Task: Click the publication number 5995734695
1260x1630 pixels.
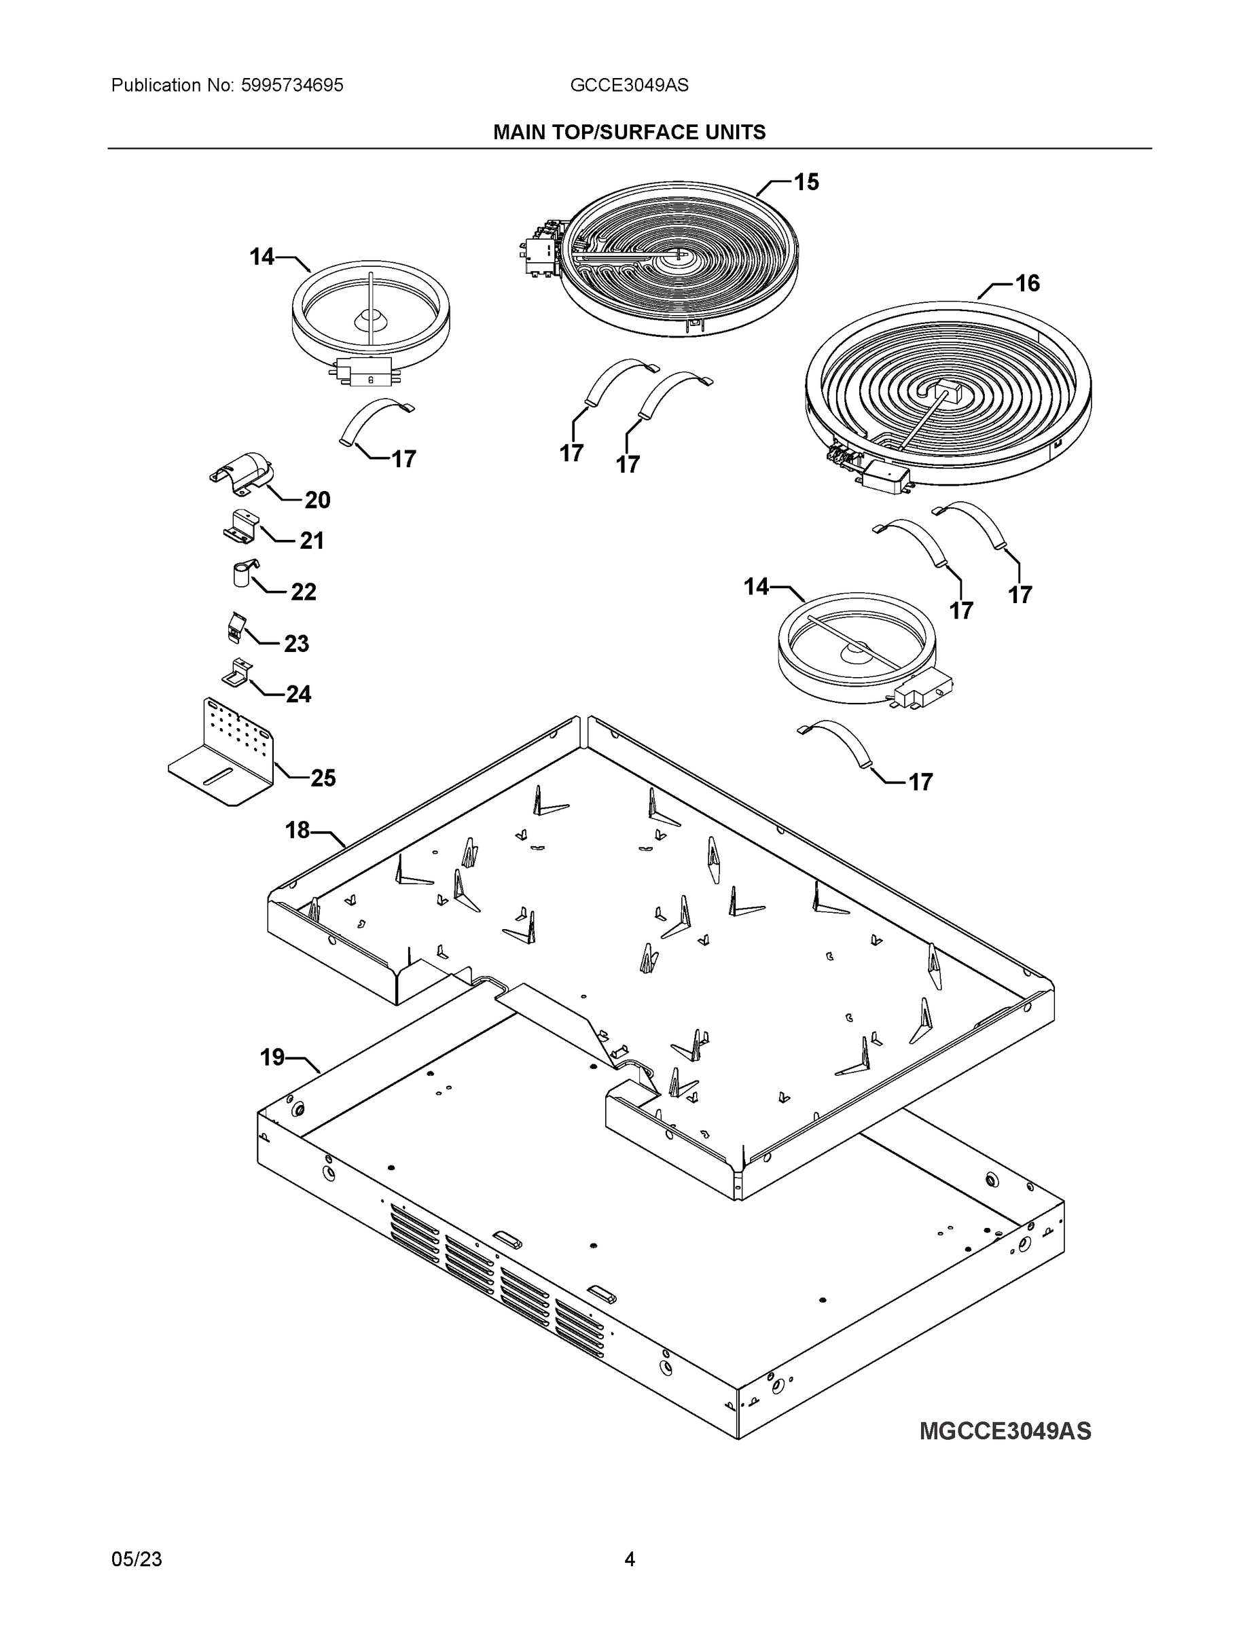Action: click(292, 85)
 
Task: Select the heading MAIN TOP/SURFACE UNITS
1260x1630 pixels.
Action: click(629, 132)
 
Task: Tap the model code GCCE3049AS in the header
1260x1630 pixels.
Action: click(629, 85)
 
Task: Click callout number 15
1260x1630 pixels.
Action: click(806, 182)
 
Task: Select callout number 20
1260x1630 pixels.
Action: click(317, 500)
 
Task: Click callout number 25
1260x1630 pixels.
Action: click(323, 778)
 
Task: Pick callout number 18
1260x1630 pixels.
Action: click(297, 830)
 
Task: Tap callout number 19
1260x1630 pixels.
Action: click(272, 1057)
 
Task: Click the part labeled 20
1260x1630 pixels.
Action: click(242, 473)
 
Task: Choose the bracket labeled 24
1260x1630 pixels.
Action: click(237, 674)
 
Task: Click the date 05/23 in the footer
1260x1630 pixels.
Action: click(137, 1559)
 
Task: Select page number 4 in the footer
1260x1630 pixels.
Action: click(629, 1559)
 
